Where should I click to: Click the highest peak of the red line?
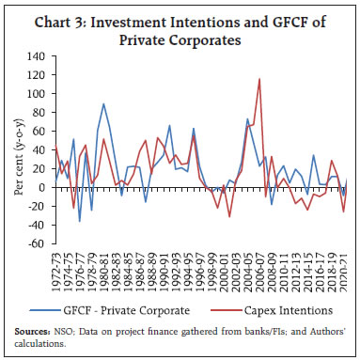(x=259, y=79)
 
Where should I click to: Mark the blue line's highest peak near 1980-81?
(x=103, y=104)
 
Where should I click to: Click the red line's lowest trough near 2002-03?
(x=229, y=217)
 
